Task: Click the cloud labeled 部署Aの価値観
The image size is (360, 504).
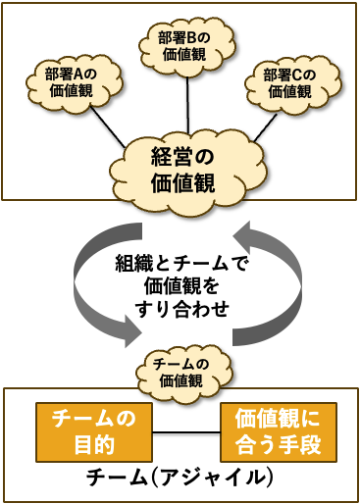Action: [x=74, y=83]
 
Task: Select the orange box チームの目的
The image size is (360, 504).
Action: [x=94, y=431]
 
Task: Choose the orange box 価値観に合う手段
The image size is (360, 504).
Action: [x=279, y=431]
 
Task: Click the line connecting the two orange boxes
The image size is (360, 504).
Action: [x=186, y=432]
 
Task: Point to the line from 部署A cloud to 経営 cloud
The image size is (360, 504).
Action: [x=108, y=127]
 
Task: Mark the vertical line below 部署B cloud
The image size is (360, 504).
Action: [x=188, y=105]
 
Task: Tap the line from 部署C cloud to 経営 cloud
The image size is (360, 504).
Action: [x=265, y=127]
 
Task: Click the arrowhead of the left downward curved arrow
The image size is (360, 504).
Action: [x=133, y=331]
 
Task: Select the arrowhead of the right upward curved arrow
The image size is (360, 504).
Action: [x=242, y=237]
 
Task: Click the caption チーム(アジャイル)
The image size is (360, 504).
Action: [x=180, y=479]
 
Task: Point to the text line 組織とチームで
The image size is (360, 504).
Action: [x=181, y=264]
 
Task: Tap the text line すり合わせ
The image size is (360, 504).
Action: [x=181, y=309]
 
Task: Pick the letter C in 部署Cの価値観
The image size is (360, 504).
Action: [x=297, y=76]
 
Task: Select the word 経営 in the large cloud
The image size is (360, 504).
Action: [x=172, y=157]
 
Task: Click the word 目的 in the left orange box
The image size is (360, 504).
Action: [x=94, y=445]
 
